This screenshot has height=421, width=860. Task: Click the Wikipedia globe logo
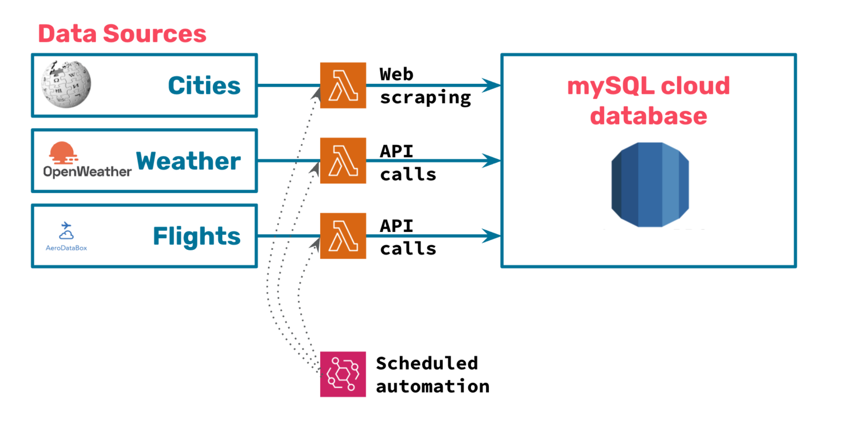click(67, 85)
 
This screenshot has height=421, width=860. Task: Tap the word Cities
click(204, 86)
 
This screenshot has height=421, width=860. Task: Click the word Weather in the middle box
click(188, 161)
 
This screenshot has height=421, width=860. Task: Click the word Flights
click(197, 236)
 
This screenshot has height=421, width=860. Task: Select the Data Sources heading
click(122, 34)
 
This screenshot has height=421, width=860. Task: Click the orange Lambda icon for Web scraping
click(343, 85)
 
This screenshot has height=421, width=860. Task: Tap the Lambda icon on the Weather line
click(343, 160)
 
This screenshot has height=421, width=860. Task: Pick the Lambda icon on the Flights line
click(343, 235)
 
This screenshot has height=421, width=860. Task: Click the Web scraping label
click(424, 86)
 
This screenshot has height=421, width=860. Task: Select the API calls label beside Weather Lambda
click(408, 162)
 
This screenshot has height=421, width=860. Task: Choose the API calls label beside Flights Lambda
click(408, 237)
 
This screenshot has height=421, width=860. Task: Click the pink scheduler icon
click(343, 374)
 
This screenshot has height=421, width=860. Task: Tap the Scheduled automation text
click(432, 374)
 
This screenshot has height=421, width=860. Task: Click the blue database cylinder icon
click(649, 185)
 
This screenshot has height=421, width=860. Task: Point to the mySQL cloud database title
click(648, 101)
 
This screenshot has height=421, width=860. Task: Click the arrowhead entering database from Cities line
click(492, 86)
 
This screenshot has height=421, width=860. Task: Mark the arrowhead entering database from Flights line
click(492, 235)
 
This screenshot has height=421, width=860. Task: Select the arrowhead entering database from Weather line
click(492, 161)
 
